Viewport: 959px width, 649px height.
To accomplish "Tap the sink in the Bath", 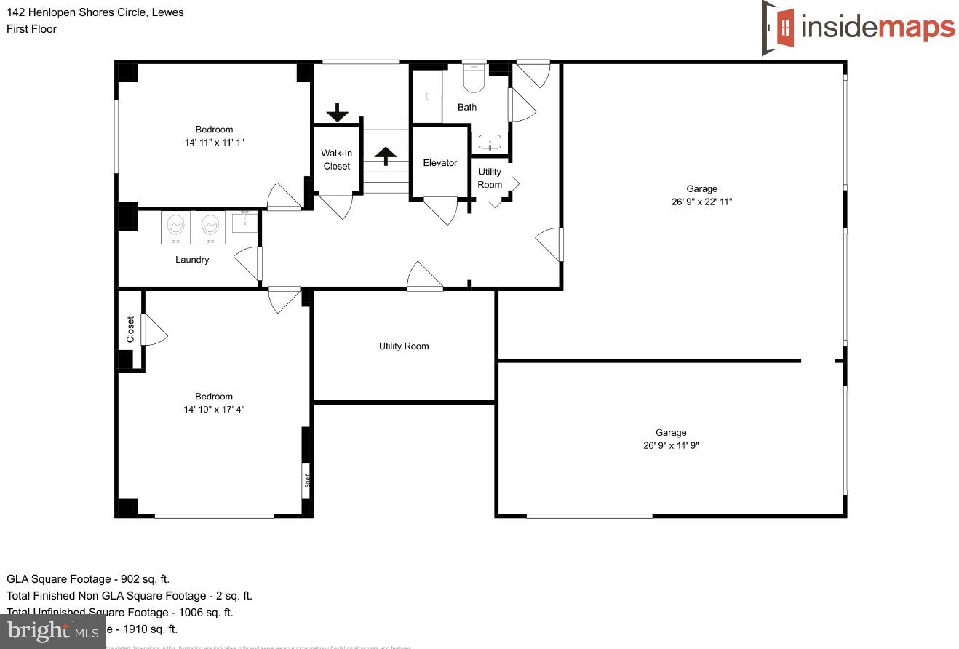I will point(490,143).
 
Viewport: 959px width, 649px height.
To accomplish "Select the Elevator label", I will point(440,163).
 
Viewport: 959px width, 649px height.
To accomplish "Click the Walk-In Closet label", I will point(336,160).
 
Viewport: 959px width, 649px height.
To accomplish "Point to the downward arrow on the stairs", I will point(337,113).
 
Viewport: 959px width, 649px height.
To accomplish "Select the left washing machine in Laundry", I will point(175,227).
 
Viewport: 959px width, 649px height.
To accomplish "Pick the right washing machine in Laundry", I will point(210,227).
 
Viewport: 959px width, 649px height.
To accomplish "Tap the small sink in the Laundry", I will point(245,220).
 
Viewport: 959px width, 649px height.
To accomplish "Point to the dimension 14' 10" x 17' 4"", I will point(214,410).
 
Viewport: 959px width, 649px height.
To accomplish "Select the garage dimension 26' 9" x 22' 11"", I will point(701,202).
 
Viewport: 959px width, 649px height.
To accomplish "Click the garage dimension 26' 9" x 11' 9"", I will point(670,445).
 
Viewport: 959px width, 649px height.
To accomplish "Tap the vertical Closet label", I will point(130,329).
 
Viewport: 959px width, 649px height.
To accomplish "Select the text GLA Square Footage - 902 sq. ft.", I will point(88,579).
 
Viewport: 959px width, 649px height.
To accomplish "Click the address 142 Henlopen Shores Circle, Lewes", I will point(95,12).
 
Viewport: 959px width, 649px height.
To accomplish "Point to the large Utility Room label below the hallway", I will point(404,346).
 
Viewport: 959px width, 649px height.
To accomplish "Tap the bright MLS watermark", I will point(53,631).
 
